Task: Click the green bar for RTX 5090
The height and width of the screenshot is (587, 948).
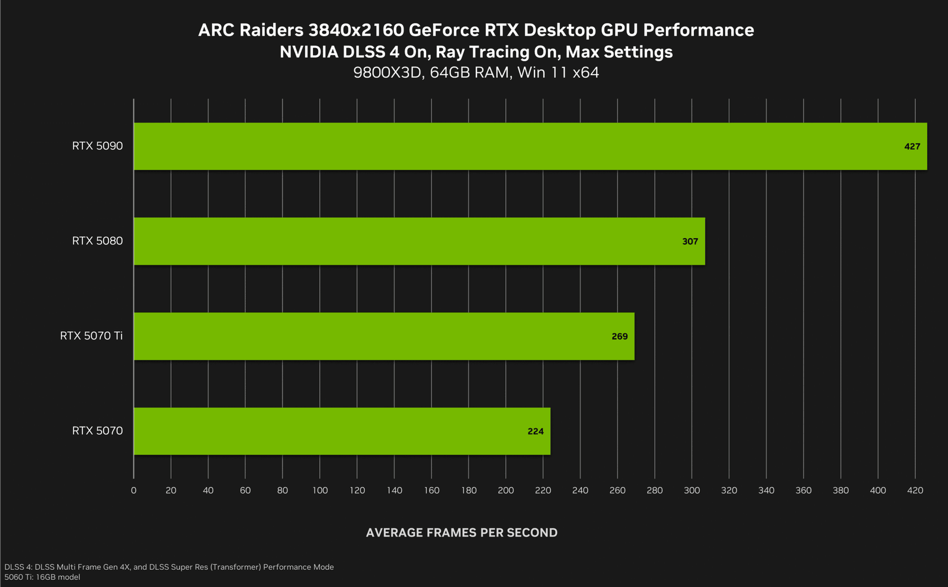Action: pos(530,146)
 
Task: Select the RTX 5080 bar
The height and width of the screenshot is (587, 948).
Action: pos(419,241)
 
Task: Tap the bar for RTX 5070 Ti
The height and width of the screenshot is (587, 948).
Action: pos(384,336)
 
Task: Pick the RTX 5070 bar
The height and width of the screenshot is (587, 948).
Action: pos(342,431)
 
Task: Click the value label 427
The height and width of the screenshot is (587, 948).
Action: pos(912,146)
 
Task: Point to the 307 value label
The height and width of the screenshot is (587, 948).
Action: pos(690,242)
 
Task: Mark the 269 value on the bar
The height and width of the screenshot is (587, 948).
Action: pos(619,336)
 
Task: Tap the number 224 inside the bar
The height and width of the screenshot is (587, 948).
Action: pos(535,431)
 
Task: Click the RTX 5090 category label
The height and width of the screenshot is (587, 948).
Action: pos(97,146)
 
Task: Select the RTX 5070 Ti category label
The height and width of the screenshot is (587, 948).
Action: pos(91,336)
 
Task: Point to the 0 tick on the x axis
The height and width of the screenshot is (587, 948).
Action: pos(133,490)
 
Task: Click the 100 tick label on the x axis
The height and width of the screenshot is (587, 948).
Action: pos(320,490)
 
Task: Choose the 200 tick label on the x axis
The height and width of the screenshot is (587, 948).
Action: pos(506,490)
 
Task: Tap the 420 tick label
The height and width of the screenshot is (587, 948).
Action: pos(915,490)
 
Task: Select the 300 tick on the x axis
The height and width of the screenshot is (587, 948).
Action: pos(692,490)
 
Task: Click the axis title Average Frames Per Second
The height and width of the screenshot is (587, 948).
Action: pos(462,533)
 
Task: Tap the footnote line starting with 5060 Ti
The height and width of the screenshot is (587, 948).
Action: pos(42,577)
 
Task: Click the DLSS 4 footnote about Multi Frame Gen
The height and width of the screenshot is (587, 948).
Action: pos(169,567)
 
